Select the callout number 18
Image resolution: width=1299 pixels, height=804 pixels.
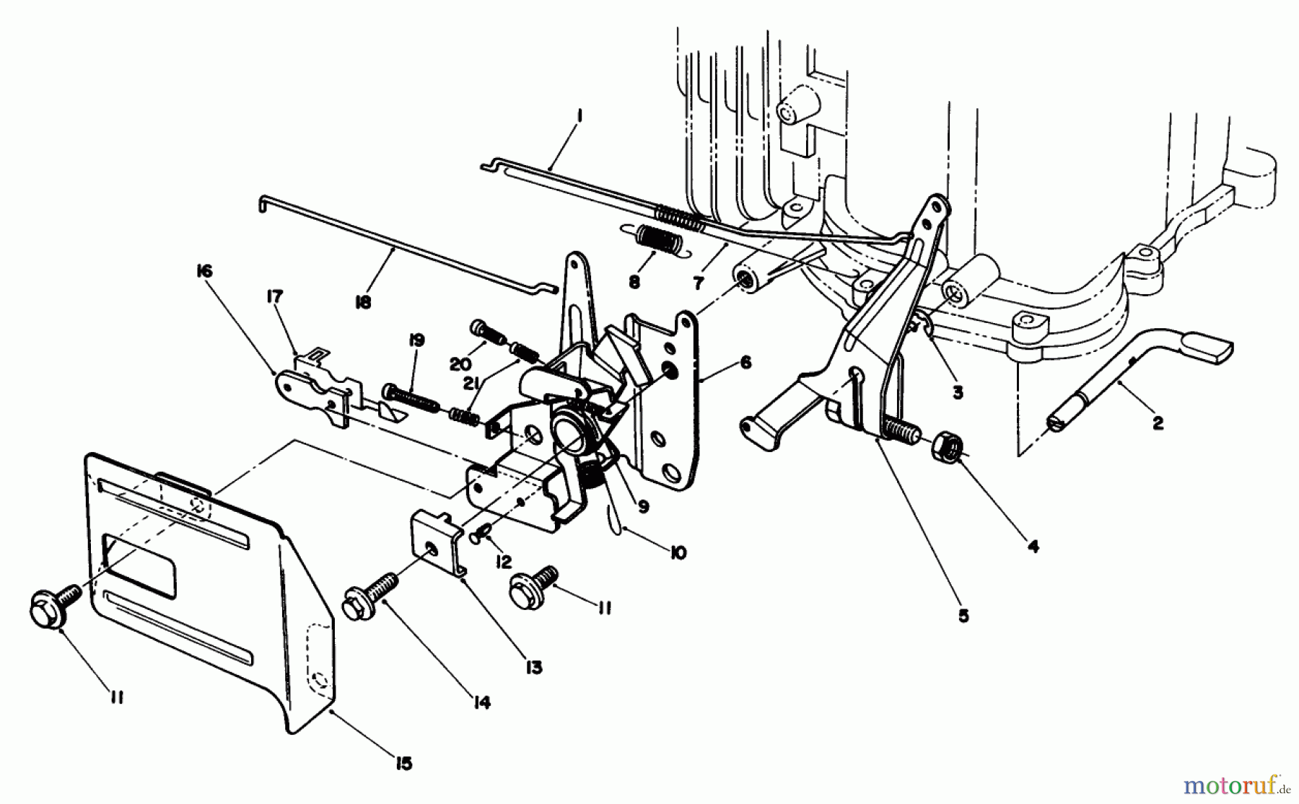point(363,302)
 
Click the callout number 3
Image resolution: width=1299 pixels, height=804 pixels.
point(957,393)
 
